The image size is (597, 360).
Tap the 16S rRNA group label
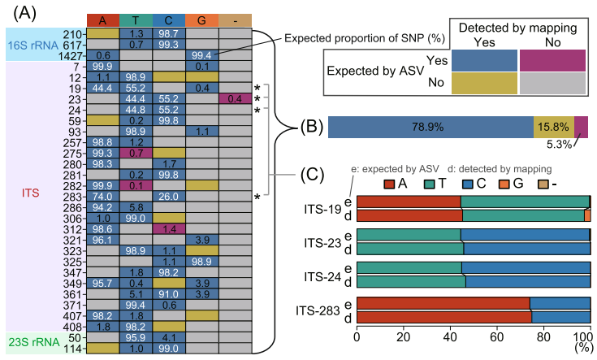[x=32, y=45]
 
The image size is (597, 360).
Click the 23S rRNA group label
[x=32, y=342]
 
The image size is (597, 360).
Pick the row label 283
[x=76, y=197]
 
